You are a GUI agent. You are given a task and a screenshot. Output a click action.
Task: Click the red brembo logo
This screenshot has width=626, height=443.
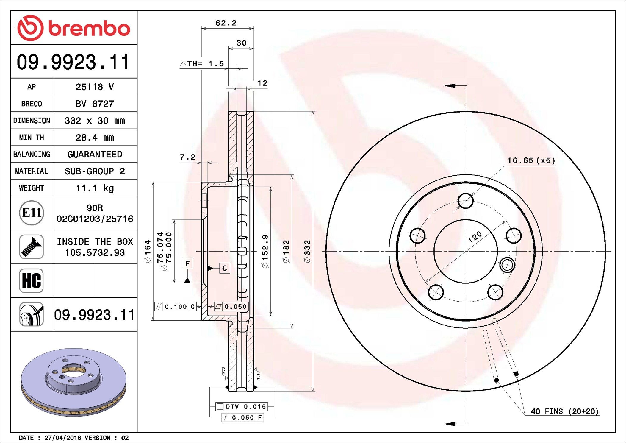(73, 28)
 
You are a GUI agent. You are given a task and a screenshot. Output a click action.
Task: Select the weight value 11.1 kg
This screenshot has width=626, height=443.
(95, 188)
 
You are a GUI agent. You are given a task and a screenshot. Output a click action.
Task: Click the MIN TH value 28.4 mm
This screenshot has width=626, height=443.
(95, 138)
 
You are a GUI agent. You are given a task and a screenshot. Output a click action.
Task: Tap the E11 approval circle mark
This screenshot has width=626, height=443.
(32, 213)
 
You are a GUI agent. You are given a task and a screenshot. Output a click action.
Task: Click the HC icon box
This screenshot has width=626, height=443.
(32, 280)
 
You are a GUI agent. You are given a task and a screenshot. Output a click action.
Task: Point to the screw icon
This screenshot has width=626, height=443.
(32, 247)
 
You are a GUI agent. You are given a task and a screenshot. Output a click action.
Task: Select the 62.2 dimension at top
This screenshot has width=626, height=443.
(226, 23)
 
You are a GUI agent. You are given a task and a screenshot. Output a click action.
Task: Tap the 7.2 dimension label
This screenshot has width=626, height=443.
(187, 157)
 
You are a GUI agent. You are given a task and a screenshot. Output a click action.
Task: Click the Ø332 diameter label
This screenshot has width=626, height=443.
(307, 251)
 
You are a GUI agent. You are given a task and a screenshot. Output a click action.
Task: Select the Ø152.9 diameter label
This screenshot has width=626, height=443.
(265, 251)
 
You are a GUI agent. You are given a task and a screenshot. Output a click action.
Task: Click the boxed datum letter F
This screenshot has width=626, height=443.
(187, 263)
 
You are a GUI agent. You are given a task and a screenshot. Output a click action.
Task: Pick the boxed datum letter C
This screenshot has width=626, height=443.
(225, 268)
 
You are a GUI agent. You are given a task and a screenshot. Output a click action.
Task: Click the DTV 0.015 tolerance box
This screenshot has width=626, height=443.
(242, 407)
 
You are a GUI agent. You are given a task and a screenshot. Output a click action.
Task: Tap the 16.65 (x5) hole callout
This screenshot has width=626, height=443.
(531, 161)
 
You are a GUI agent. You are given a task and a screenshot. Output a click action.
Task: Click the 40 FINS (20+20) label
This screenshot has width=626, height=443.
(564, 411)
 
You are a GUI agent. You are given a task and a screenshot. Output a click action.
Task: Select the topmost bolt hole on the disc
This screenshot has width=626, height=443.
(466, 201)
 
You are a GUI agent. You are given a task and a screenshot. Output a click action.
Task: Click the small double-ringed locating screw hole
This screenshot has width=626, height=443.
(507, 264)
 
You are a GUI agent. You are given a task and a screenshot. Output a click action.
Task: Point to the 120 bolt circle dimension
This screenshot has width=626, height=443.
(475, 237)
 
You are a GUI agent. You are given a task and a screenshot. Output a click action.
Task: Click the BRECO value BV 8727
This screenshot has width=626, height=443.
(95, 104)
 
